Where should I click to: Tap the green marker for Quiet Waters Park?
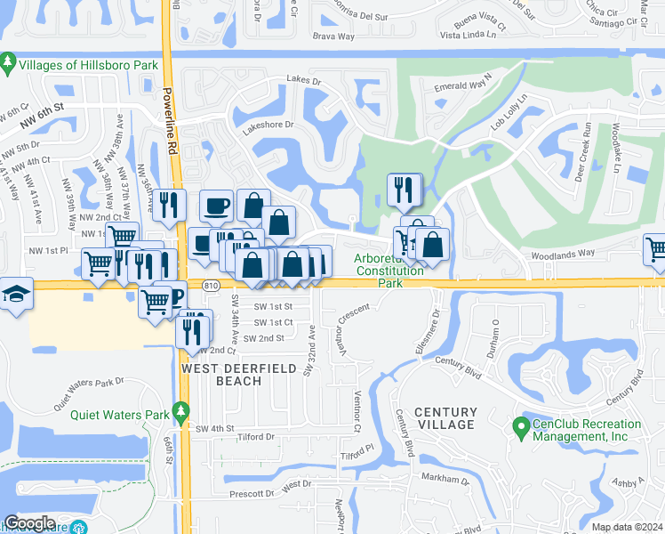tap(181, 411)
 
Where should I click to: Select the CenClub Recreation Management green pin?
tap(523, 428)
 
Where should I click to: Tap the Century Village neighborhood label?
tap(445, 420)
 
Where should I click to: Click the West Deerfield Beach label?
tap(221, 374)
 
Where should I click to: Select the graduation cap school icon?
tap(16, 294)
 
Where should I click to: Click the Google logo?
tap(29, 523)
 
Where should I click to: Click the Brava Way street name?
tap(333, 36)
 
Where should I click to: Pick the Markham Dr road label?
tap(445, 480)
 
